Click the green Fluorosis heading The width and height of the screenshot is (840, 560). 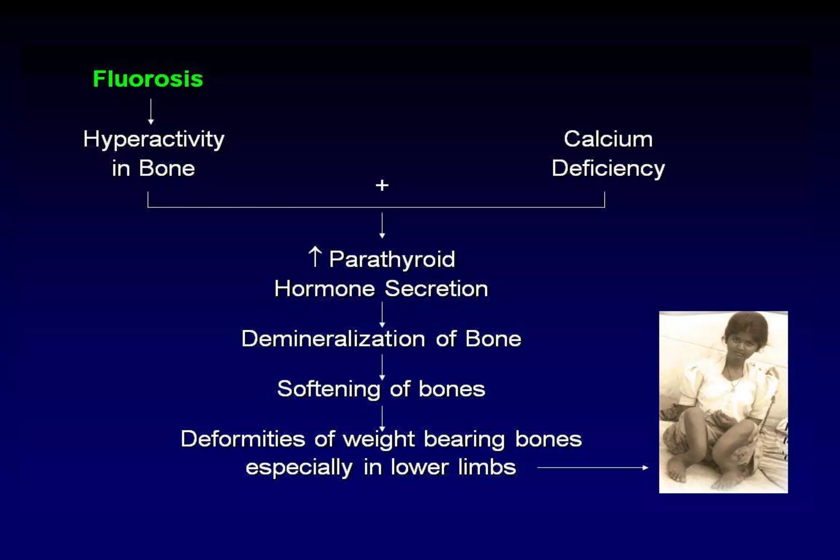148,79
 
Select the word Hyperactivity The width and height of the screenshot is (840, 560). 154,140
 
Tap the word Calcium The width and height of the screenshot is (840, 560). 608,139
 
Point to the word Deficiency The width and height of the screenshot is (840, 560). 608,169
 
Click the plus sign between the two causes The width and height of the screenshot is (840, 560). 382,185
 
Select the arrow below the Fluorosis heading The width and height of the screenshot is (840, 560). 151,112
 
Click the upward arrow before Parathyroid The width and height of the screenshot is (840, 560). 315,257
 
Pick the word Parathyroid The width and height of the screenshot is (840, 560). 392,259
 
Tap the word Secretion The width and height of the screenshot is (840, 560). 436,289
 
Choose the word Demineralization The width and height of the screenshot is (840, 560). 333,339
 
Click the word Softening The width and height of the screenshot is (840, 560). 329,389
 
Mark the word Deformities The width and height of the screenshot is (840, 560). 243,439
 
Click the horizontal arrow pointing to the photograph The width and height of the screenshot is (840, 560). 592,467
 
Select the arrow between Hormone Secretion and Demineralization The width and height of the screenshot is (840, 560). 382,314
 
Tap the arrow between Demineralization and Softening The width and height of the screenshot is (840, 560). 382,367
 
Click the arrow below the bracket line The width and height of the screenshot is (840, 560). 382,225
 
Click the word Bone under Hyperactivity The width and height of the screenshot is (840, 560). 167,168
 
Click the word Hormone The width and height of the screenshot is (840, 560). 324,289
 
